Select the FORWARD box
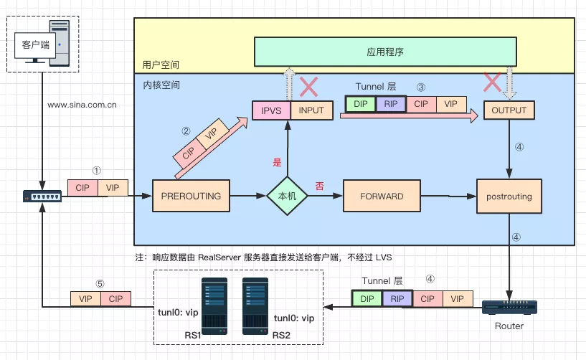point(382,195)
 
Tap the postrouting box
point(509,195)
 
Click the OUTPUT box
point(509,110)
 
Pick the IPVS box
point(270,110)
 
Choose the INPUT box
point(311,110)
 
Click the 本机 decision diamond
point(287,195)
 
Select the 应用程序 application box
point(386,52)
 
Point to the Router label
point(509,326)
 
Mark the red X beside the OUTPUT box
point(492,82)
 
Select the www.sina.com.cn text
point(82,105)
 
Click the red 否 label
point(320,185)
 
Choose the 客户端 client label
point(36,44)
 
